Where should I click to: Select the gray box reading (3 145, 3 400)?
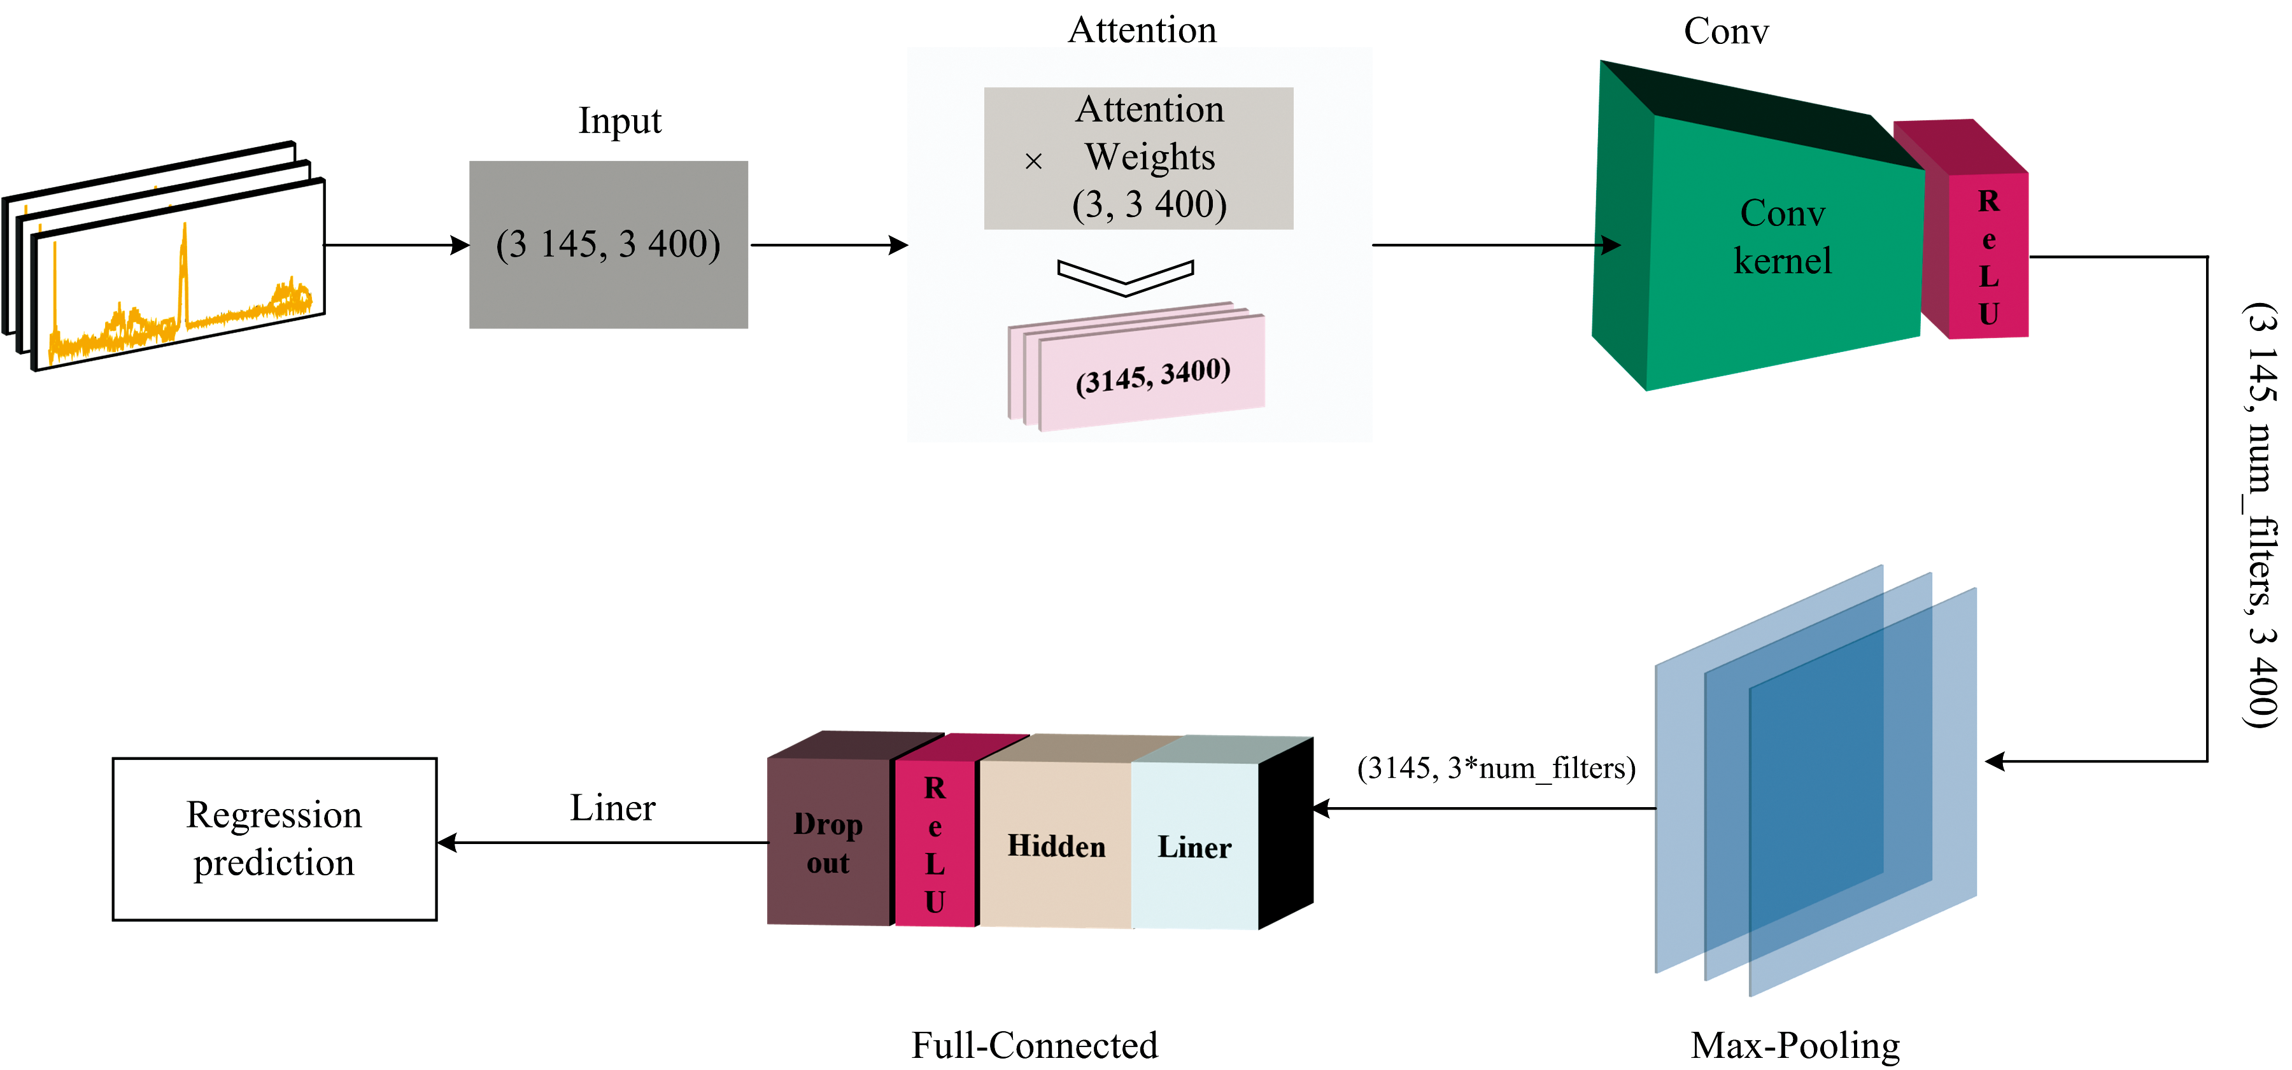click(609, 244)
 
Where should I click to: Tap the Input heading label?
click(619, 121)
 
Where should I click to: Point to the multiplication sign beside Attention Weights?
click(1033, 161)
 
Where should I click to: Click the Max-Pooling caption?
click(1795, 1045)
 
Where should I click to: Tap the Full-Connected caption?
click(1034, 1045)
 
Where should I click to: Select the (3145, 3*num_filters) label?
click(1496, 768)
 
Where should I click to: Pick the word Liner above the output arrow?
click(612, 808)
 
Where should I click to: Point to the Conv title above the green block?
click(1726, 31)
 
